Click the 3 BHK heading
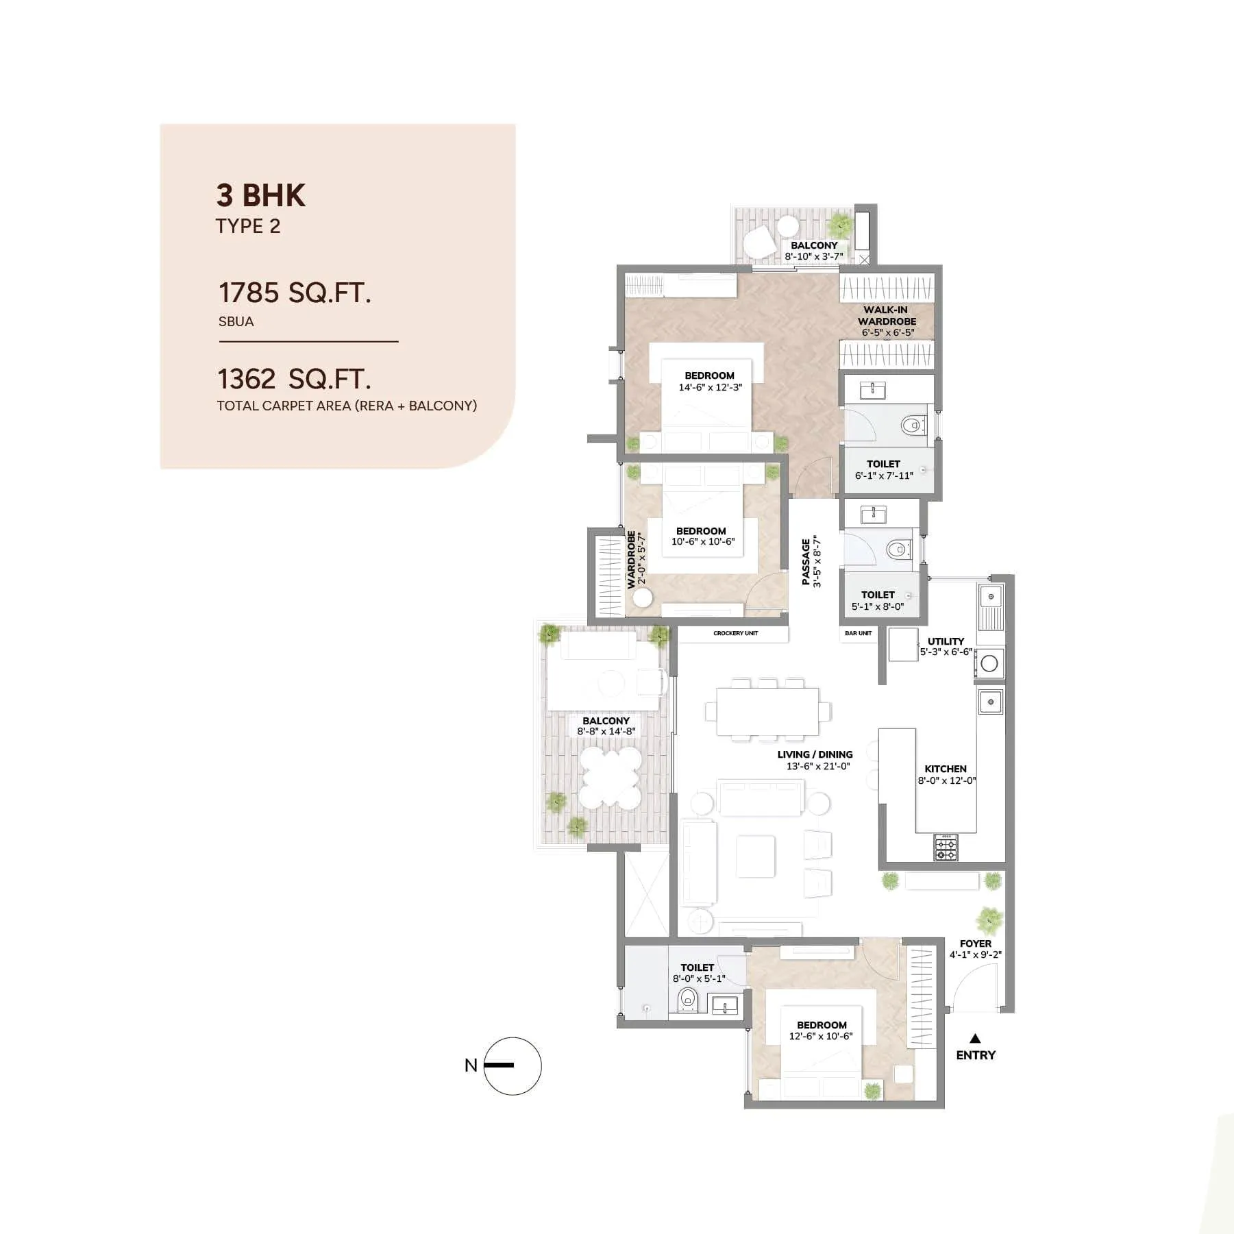[260, 195]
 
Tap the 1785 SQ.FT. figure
[295, 293]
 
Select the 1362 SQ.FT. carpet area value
[294, 379]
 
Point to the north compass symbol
[512, 1065]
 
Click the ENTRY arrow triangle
[975, 1039]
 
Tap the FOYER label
[975, 943]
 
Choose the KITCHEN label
[946, 769]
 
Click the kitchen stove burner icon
[946, 849]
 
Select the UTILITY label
[946, 641]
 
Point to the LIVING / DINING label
[815, 754]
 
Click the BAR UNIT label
[858, 633]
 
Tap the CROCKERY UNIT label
[735, 633]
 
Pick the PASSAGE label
[806, 562]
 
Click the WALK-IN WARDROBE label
[887, 315]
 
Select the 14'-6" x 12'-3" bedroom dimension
[710, 387]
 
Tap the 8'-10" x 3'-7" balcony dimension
[814, 257]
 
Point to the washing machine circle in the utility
[989, 663]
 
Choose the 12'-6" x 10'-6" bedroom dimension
[821, 1036]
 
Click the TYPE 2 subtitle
[248, 226]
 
